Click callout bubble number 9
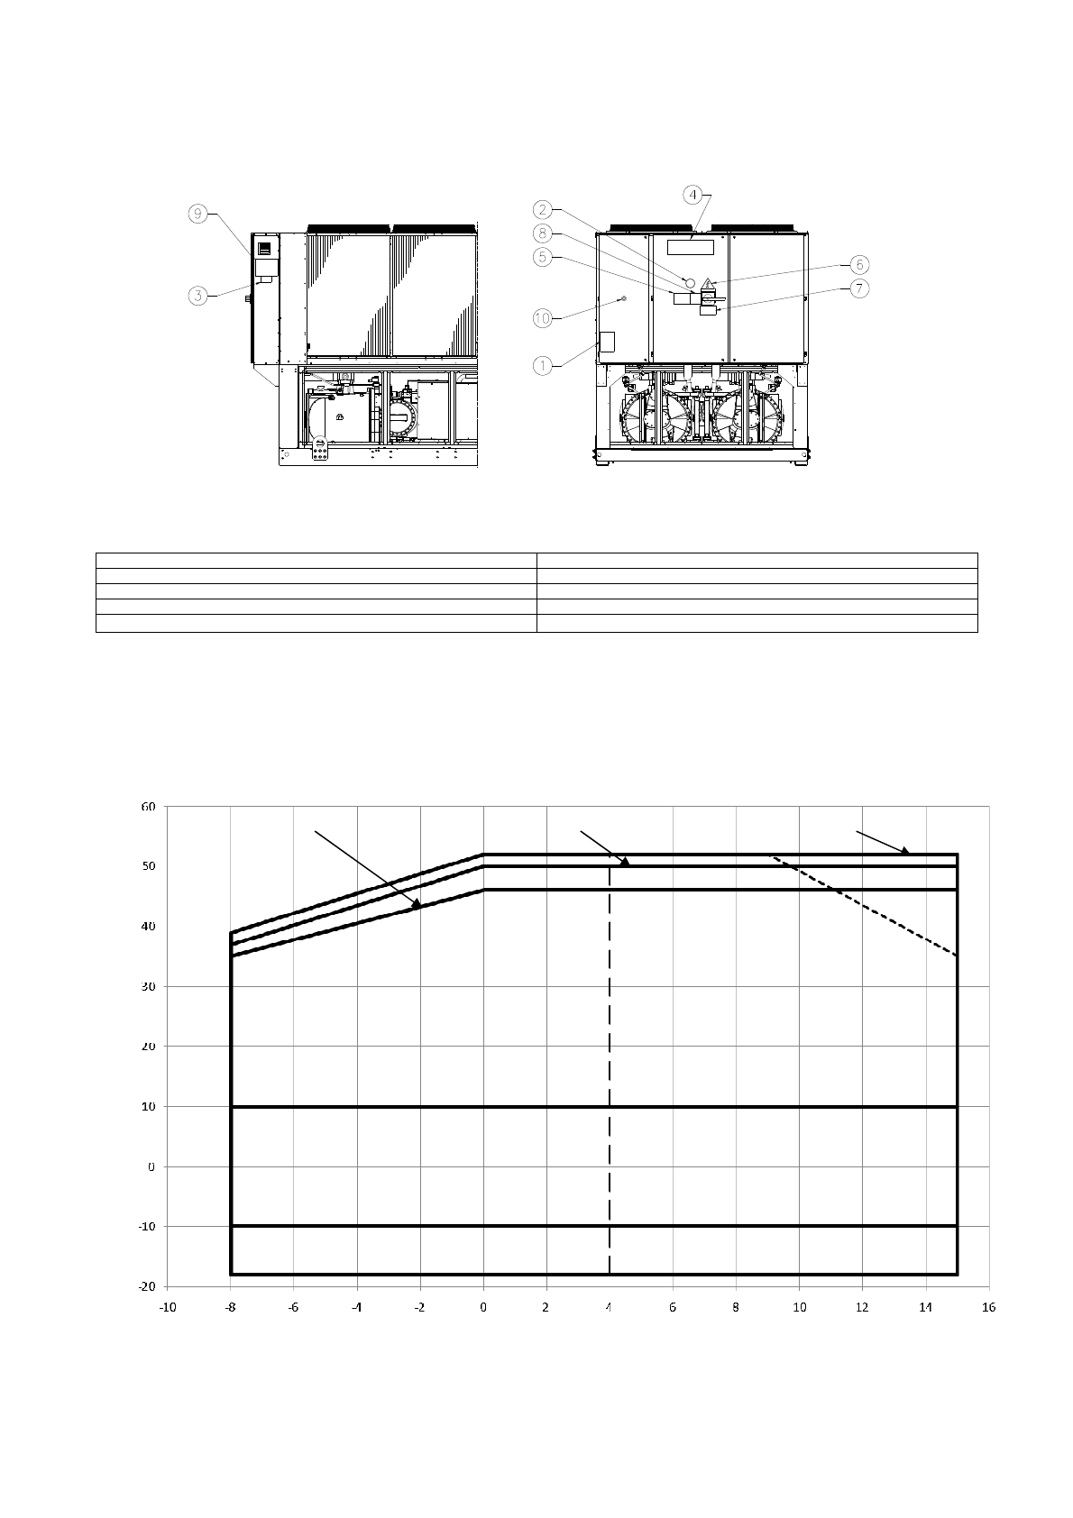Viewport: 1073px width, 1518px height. click(x=197, y=215)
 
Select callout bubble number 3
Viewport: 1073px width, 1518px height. click(x=197, y=296)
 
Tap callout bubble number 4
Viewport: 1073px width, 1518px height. click(x=692, y=196)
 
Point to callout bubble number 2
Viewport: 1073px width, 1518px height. click(x=542, y=209)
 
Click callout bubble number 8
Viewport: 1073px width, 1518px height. click(x=542, y=233)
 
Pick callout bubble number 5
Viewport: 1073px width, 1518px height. click(x=542, y=258)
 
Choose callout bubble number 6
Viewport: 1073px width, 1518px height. click(x=858, y=264)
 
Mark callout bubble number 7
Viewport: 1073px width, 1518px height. click(x=858, y=288)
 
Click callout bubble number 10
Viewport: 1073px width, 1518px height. click(x=542, y=318)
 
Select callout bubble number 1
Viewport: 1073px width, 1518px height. click(x=542, y=366)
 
